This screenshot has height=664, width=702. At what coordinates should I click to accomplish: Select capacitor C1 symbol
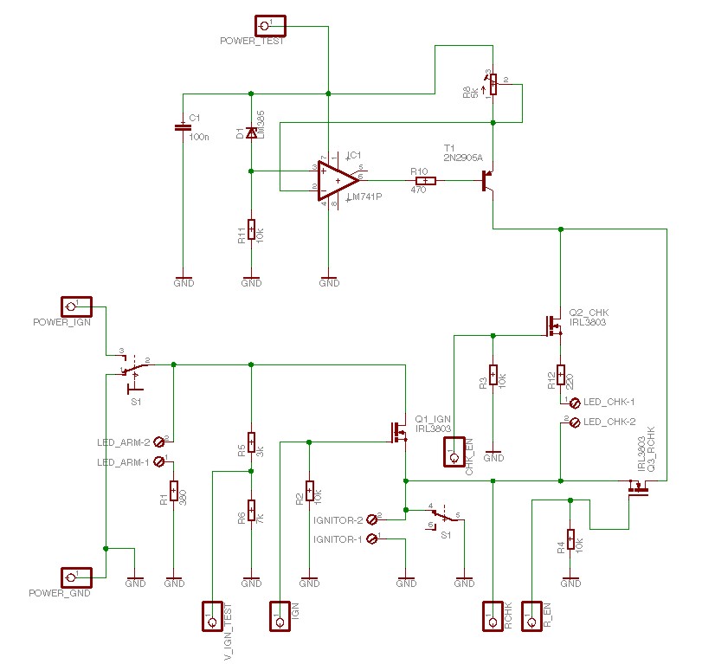(182, 126)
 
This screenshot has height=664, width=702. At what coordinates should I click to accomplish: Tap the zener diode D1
(251, 132)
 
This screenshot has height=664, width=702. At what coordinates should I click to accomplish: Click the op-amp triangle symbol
(338, 180)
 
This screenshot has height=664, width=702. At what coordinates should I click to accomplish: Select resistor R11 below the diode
(251, 229)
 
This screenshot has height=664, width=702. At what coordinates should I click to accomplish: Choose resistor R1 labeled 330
(174, 493)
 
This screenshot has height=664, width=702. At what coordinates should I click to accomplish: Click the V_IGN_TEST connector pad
(212, 616)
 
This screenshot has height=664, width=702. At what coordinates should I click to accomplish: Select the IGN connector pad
(279, 616)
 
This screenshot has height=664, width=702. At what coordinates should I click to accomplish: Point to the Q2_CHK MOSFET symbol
(552, 326)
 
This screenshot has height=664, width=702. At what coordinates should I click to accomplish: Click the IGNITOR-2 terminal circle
(372, 519)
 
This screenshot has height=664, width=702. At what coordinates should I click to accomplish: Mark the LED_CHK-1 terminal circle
(576, 403)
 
